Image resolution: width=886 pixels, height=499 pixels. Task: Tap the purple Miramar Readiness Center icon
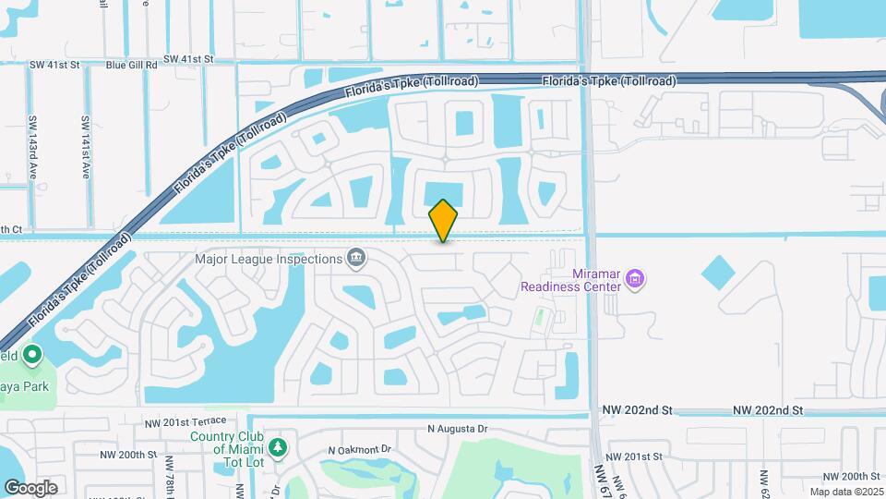tap(634, 278)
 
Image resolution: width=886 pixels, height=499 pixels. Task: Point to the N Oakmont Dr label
tap(360, 450)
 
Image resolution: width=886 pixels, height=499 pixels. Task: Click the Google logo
tap(30, 488)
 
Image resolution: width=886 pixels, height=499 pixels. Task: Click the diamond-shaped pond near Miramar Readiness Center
tap(719, 273)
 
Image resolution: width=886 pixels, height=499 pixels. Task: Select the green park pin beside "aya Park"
tap(32, 355)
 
